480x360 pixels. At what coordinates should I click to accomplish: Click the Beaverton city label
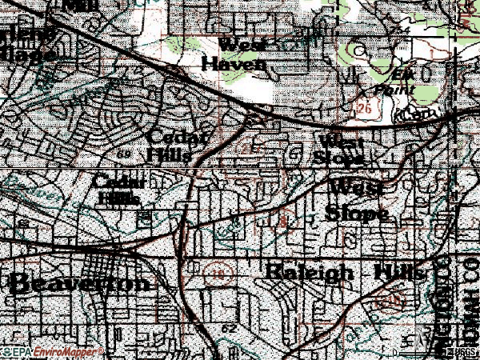78,282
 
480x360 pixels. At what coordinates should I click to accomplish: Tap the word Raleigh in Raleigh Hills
307,272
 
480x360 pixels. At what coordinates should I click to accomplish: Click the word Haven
233,63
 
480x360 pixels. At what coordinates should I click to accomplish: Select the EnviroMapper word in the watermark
69,351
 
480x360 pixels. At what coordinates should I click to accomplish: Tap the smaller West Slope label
341,150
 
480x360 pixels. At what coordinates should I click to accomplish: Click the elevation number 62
230,329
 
